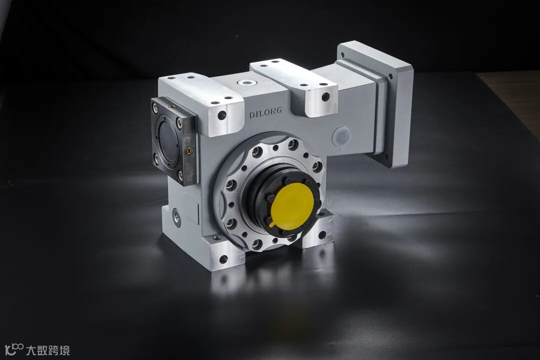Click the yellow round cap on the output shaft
click(292, 204)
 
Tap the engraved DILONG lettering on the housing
click(265, 112)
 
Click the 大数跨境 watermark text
click(48, 350)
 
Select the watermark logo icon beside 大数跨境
click(14, 349)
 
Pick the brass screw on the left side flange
click(189, 150)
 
